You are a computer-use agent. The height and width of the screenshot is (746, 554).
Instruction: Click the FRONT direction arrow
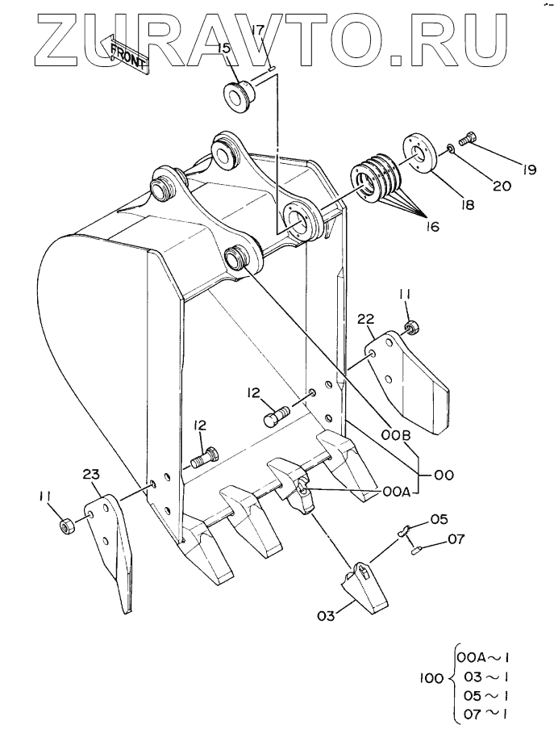pyautogui.click(x=125, y=54)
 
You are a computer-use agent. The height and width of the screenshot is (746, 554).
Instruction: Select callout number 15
pyautogui.click(x=224, y=48)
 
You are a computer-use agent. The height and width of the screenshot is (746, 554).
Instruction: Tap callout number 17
pyautogui.click(x=257, y=31)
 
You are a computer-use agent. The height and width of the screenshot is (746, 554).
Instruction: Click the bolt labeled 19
pyautogui.click(x=469, y=138)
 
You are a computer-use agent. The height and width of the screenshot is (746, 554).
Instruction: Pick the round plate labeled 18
pyautogui.click(x=422, y=156)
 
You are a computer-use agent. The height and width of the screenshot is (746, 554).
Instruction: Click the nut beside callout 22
pyautogui.click(x=410, y=328)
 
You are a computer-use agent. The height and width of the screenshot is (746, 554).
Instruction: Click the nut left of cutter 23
pyautogui.click(x=66, y=526)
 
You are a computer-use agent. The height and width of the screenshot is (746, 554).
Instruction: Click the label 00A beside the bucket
pyautogui.click(x=396, y=492)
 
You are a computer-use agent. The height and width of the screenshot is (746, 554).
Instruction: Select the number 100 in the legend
pyautogui.click(x=431, y=678)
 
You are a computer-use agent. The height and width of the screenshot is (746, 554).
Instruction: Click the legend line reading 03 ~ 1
pyautogui.click(x=486, y=677)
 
